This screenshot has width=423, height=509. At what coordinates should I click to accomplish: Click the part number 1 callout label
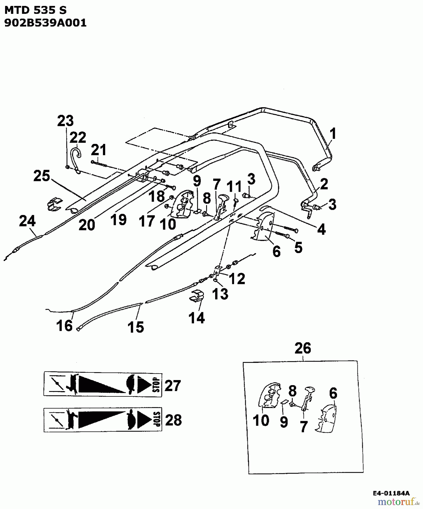click(x=333, y=134)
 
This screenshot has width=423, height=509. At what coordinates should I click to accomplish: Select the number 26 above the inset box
click(x=303, y=348)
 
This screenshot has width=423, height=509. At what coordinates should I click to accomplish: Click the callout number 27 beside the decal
click(x=172, y=385)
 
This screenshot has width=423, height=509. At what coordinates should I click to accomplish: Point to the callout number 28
click(x=173, y=420)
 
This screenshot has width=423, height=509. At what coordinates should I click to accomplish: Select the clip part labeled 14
click(x=196, y=296)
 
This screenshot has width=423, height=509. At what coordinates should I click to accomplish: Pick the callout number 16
click(x=64, y=325)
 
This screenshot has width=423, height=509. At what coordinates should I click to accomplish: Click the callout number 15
click(x=136, y=327)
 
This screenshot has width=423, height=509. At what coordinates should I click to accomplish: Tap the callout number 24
click(x=27, y=221)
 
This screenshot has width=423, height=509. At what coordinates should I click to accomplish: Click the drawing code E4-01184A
click(x=391, y=493)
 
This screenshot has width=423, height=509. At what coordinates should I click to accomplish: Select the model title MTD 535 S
click(x=35, y=10)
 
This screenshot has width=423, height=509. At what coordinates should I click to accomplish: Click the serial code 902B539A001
click(x=45, y=23)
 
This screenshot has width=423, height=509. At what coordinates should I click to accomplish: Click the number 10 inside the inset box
click(x=261, y=420)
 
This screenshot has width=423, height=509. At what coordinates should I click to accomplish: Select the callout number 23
click(x=65, y=121)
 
